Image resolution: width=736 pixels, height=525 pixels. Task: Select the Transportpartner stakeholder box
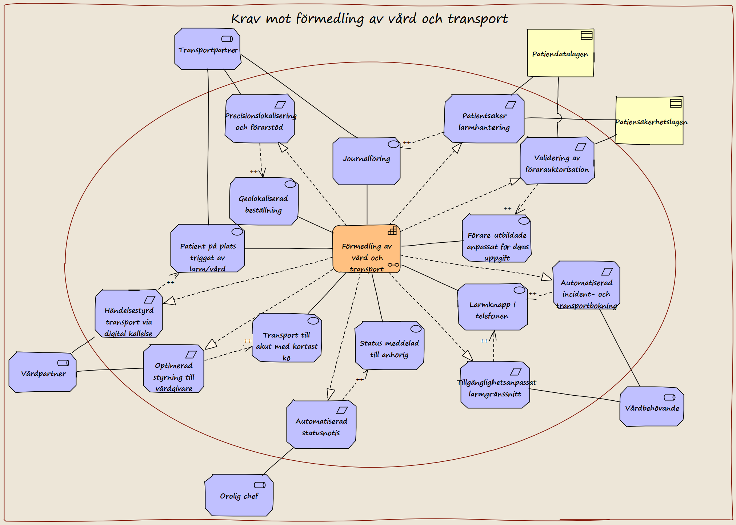point(208,49)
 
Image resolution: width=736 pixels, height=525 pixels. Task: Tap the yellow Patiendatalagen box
point(560,53)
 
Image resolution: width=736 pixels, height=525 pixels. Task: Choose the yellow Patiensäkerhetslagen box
point(649,121)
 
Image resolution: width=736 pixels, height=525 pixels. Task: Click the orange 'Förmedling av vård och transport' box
point(367,249)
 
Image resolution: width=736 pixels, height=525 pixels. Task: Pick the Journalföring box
point(367,161)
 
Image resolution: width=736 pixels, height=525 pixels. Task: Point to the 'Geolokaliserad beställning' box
point(264,201)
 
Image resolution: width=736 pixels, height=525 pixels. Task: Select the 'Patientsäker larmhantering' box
point(484,119)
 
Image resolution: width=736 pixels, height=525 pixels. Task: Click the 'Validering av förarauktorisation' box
point(557,161)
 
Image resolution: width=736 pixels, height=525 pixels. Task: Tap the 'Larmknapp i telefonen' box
point(492,307)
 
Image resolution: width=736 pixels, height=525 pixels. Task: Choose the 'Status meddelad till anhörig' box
point(389,346)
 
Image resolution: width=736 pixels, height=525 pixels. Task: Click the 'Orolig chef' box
point(239,495)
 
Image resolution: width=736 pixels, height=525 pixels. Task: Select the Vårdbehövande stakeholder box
point(652,407)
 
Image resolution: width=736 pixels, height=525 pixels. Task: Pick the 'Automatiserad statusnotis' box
point(321,424)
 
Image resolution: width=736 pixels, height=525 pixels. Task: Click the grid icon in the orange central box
point(392,230)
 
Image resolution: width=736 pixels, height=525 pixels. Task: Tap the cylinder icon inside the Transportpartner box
point(227,39)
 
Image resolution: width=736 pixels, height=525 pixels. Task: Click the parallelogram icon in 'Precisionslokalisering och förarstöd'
point(280,105)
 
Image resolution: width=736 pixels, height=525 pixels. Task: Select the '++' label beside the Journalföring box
point(407,143)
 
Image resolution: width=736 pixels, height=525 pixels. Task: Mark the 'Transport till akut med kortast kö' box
point(287,338)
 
